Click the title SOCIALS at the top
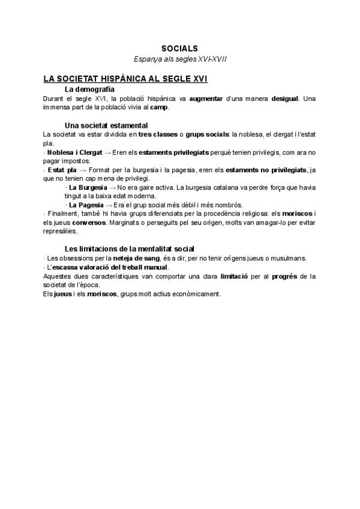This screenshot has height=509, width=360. [179, 48]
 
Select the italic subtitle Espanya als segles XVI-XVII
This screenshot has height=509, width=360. [179, 59]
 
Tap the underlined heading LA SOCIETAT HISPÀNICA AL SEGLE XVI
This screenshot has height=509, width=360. [125, 79]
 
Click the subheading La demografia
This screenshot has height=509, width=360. [94, 89]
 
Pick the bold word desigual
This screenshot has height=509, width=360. [284, 98]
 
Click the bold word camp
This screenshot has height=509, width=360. [160, 107]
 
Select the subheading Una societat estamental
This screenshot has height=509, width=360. [106, 125]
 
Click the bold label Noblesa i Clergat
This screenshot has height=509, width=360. [74, 152]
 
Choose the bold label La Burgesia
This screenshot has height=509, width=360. [88, 188]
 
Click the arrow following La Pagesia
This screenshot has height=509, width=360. [109, 205]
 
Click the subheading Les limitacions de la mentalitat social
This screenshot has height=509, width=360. [129, 249]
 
